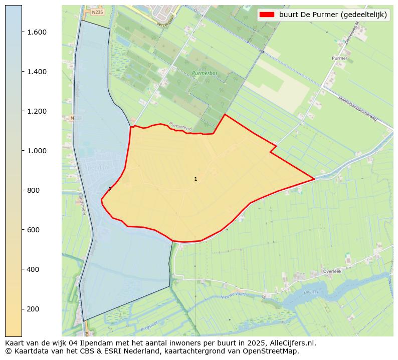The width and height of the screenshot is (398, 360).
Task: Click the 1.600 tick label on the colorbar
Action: click(37, 32)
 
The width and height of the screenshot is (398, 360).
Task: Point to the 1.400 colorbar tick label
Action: click(37, 72)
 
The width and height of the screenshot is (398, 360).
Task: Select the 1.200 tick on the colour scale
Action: click(37, 111)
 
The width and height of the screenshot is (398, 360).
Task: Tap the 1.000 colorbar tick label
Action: click(37, 151)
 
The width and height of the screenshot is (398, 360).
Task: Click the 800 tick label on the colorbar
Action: click(33, 190)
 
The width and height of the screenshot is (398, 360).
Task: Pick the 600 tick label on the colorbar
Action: click(33, 230)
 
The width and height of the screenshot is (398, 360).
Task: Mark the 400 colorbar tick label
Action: click(33, 269)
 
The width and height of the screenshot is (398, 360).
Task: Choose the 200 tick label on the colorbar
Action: click(33, 309)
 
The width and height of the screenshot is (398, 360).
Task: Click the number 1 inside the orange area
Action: click(195, 179)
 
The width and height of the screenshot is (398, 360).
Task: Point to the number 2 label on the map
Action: click(110, 189)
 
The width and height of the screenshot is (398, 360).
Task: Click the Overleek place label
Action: click(332, 271)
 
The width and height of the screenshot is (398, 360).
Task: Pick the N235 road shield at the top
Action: click(97, 12)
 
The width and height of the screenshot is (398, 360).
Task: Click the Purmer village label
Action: click(339, 59)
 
